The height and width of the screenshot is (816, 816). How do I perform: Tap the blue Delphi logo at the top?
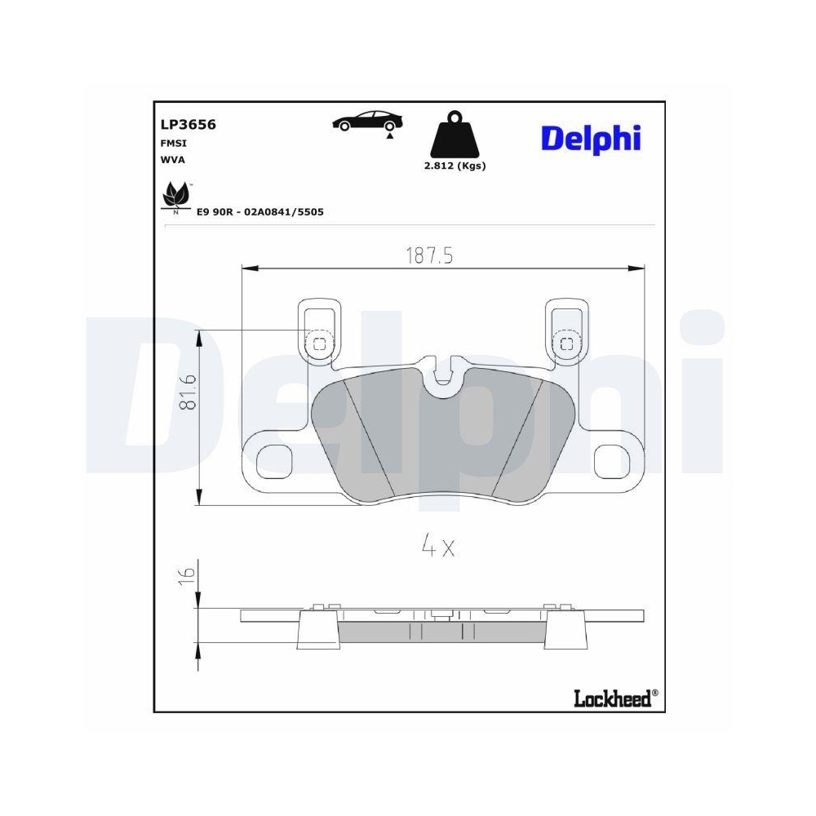[x=588, y=138]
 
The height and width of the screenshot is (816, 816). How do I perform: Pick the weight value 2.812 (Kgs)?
[x=455, y=166]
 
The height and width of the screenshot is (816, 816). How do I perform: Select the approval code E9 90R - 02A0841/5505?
[x=260, y=211]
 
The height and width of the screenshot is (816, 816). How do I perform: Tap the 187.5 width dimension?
[x=429, y=255]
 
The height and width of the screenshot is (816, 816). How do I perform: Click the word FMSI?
[x=173, y=143]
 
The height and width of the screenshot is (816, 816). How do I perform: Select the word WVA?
[x=173, y=160]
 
